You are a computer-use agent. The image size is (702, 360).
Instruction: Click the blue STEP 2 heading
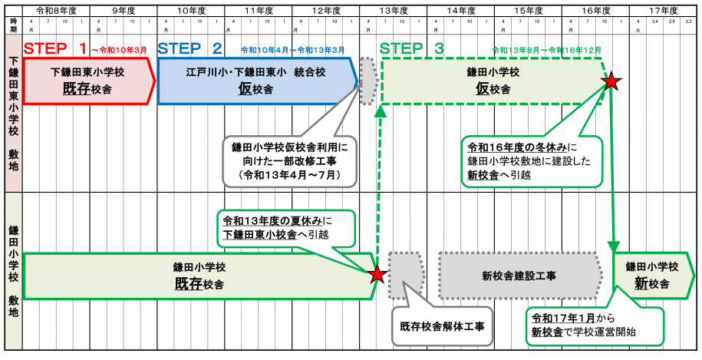[x=190, y=48]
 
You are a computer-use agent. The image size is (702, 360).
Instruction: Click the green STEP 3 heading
[x=411, y=48]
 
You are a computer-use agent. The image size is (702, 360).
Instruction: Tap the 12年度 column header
[x=326, y=11]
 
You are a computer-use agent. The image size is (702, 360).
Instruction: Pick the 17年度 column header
[x=662, y=11]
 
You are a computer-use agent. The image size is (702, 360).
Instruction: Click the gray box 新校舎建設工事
[x=519, y=276]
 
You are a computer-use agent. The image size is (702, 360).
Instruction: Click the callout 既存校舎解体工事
[x=440, y=325]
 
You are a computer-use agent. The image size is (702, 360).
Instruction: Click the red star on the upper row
[x=611, y=81]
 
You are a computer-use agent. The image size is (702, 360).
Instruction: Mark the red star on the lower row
[x=377, y=274]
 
